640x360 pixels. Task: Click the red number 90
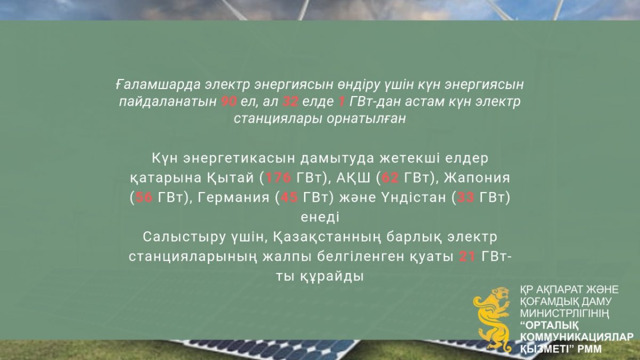tap(229, 101)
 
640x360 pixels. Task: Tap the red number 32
tap(290, 101)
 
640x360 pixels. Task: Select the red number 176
tap(278, 178)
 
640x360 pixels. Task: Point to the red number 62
tap(390, 178)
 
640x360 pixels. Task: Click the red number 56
tap(144, 197)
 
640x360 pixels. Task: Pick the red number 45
tap(290, 197)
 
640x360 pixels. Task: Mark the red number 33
tap(466, 197)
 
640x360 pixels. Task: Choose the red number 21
tap(467, 257)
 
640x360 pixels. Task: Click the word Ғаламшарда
tap(158, 85)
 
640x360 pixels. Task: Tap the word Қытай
tap(230, 178)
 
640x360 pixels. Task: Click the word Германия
tap(234, 198)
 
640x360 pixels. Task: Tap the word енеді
tap(320, 217)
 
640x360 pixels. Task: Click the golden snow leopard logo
tap(492, 319)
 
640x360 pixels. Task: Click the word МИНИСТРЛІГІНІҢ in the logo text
tap(564, 314)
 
